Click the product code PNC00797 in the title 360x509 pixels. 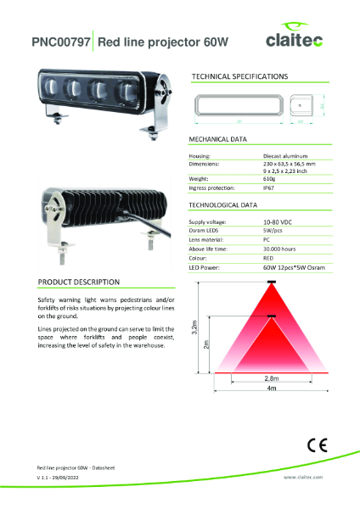tap(60, 42)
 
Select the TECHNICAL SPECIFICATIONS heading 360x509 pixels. tap(239, 76)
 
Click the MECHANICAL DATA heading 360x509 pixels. tap(217, 138)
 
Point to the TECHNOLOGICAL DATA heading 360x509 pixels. tap(223, 205)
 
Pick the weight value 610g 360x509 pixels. tap(270, 179)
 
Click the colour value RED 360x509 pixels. tap(269, 258)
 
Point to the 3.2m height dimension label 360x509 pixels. tap(195, 326)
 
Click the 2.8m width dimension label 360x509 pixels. tap(247, 378)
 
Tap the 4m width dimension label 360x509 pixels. tap(248, 388)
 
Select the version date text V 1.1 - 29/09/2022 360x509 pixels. tap(63, 478)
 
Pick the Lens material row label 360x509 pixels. tap(206, 240)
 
